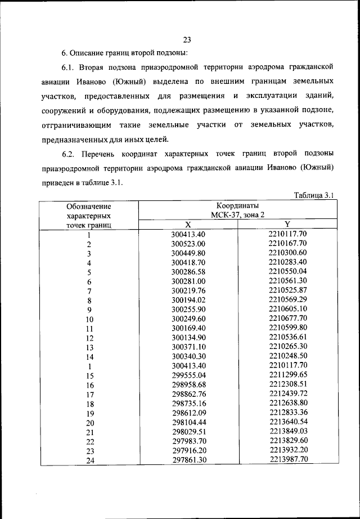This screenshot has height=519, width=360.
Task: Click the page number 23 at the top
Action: point(187,39)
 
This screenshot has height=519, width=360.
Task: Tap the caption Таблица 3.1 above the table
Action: point(314,195)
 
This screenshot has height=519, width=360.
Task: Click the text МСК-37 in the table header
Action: point(224,215)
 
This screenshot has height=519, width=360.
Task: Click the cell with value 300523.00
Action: point(188,243)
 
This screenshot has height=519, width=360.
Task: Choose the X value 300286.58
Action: point(188,271)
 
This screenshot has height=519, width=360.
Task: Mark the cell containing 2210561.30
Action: point(287,280)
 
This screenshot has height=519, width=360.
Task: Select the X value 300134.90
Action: point(188,337)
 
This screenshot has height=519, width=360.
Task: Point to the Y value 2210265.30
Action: point(287,346)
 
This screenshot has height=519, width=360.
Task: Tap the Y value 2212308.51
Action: point(287,384)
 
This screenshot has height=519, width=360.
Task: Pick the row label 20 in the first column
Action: point(89,423)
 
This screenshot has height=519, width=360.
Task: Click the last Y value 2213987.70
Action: point(287,459)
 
